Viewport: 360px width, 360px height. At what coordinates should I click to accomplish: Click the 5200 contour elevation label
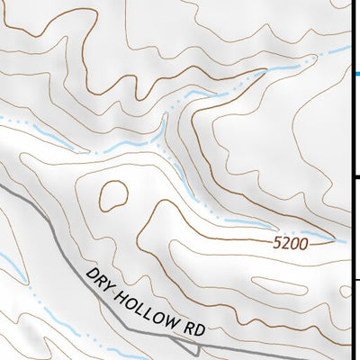[x=290, y=243]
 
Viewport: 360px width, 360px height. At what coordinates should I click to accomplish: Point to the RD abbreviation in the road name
[x=192, y=327]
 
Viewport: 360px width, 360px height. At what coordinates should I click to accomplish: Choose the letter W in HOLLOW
[x=170, y=316]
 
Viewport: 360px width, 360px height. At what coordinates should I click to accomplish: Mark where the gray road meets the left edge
[x=2, y=187]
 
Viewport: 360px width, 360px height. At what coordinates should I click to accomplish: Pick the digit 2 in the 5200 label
[x=286, y=243]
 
